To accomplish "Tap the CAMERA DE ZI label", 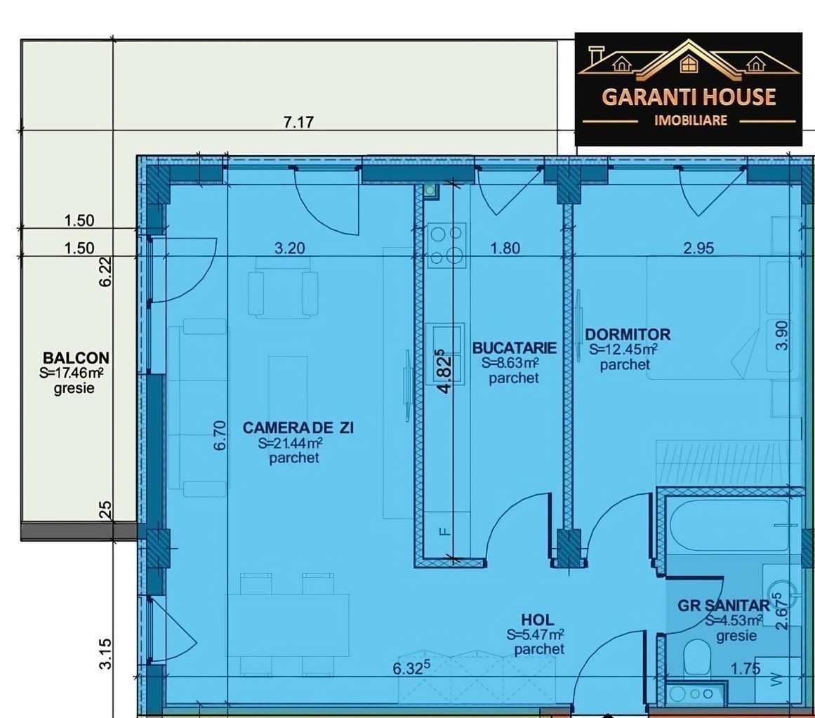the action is (x=298, y=427).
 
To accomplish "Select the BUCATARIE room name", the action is (x=514, y=347).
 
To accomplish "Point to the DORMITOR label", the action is (x=628, y=334).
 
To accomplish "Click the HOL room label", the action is (x=538, y=619).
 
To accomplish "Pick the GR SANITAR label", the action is (x=724, y=605).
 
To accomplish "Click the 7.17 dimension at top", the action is (x=298, y=122).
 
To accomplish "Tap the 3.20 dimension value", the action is (x=289, y=248).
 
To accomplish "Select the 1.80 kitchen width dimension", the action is (x=505, y=248).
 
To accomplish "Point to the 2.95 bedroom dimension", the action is (x=698, y=248).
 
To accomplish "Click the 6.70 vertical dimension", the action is (x=220, y=435).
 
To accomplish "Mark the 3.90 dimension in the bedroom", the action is (x=782, y=335).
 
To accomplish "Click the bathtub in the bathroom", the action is (x=729, y=525).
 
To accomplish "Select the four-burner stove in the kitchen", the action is (x=446, y=245).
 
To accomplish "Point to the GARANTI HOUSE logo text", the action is (x=689, y=97).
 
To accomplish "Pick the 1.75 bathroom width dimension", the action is (x=746, y=669).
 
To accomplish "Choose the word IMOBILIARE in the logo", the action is (x=690, y=121).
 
